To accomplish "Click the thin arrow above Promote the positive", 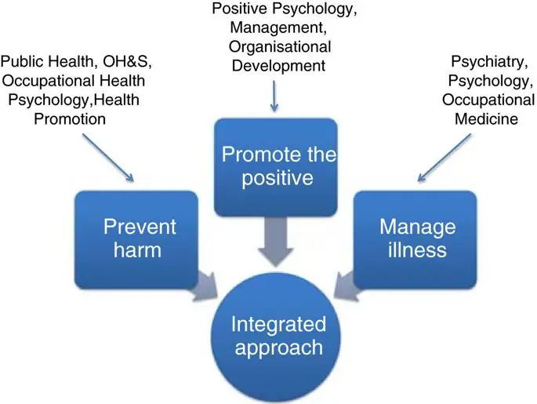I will [x=273, y=95].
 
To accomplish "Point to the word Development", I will [x=279, y=66].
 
